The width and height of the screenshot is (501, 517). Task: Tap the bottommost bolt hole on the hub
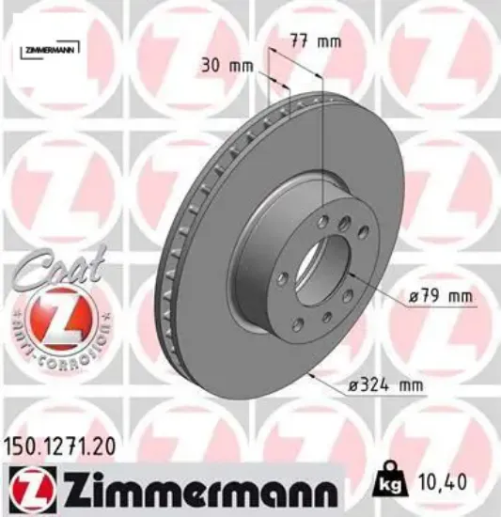pyautogui.click(x=297, y=325)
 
